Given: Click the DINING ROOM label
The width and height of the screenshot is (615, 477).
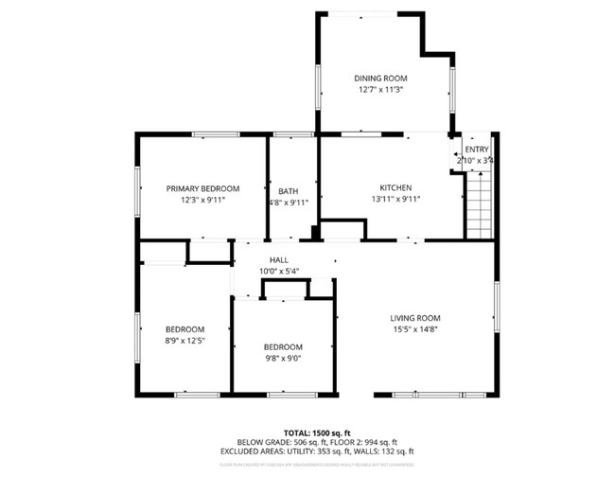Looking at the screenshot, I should [380, 78].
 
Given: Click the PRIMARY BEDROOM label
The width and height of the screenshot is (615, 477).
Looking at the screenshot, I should [202, 187].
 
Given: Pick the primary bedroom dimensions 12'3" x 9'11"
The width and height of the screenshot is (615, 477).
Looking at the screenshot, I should [202, 200].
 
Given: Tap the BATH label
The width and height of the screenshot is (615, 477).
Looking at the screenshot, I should [288, 191].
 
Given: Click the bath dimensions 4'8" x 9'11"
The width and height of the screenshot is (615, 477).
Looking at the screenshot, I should [288, 203].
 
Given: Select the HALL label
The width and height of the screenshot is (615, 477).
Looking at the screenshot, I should [279, 259].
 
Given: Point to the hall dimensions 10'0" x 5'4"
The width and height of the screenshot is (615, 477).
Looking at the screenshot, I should [279, 272].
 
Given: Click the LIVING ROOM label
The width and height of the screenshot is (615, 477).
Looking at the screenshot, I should [415, 318].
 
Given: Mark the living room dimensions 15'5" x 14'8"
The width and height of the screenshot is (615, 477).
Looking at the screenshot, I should [415, 330].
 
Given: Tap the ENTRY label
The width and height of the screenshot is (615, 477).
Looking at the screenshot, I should [477, 149].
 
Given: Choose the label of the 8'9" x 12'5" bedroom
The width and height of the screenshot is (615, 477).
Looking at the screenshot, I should [185, 328].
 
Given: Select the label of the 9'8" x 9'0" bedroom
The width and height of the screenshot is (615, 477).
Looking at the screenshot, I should [283, 346].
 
